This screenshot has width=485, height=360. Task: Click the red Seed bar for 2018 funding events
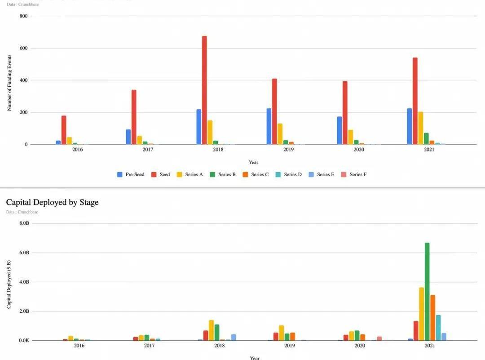(x=204, y=90)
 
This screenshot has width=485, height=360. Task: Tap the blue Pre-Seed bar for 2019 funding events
(x=269, y=126)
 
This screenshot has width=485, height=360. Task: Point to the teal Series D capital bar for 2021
(x=438, y=328)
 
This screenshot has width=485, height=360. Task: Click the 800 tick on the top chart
(x=24, y=16)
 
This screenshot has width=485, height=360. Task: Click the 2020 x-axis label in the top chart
(x=359, y=150)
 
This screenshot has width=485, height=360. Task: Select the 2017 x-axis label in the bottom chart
(x=149, y=346)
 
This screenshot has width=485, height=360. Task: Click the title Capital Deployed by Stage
(x=52, y=202)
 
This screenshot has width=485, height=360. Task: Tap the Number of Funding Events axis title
(x=9, y=83)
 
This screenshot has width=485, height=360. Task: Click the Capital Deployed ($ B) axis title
(x=9, y=284)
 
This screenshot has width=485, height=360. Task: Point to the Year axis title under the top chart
(x=254, y=162)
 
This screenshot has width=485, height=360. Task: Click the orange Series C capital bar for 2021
(x=432, y=318)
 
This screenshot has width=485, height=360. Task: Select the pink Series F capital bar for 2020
(x=379, y=338)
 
